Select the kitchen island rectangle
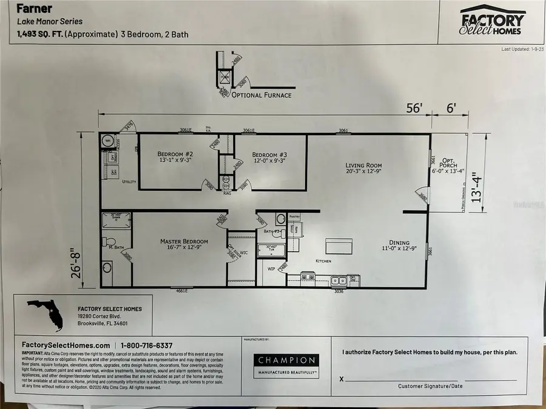coord(339,245)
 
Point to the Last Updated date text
coord(523,49)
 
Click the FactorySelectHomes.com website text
coord(61,345)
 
